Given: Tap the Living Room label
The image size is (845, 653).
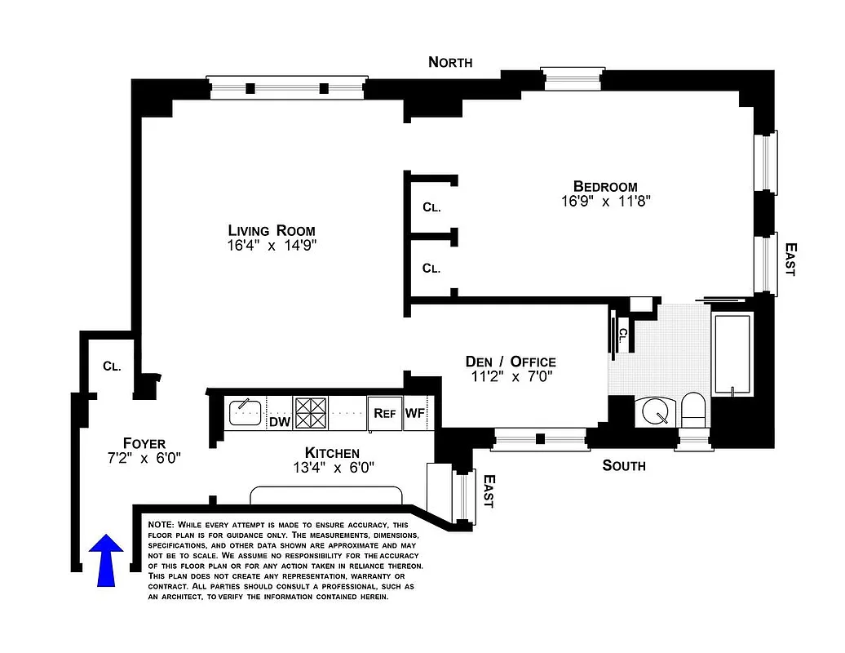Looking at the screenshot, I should pos(272,230).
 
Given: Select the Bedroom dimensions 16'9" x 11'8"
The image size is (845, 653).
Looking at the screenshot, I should pos(605,202).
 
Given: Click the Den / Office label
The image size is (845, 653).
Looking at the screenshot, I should pos(511,362).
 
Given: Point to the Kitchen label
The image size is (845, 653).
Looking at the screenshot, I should pos(332,453).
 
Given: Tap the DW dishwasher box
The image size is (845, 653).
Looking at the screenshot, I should pos(280,422).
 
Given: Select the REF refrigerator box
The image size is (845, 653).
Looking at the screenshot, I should pos(384,413).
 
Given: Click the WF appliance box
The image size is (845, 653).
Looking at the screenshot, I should pos(415,413).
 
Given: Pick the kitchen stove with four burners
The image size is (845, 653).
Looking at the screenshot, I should pos(310,413).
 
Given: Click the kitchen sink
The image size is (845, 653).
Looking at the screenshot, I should pos(244,412).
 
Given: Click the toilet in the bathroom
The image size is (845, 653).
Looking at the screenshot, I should pos(694,409).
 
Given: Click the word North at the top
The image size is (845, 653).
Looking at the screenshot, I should pos(450,62).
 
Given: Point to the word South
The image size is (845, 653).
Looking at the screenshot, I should pos(623,465).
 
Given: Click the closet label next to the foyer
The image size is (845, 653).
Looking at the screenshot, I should pos(112,366).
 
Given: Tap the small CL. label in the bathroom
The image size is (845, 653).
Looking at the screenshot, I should pos(623,334).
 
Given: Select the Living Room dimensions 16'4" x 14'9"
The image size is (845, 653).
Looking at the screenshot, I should pos(272,246).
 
